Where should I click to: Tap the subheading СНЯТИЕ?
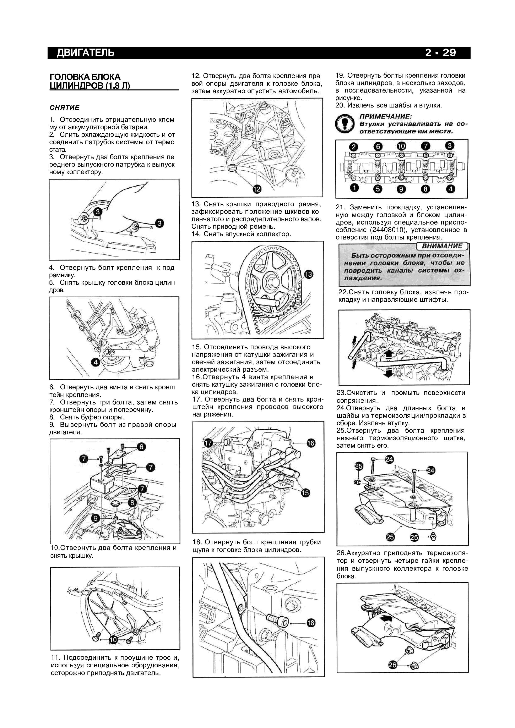(x=64, y=107)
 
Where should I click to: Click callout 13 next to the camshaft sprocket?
(x=308, y=275)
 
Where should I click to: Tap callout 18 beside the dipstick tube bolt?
(x=311, y=623)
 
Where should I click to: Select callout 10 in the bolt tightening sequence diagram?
(x=401, y=146)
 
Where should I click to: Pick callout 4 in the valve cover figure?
(x=96, y=362)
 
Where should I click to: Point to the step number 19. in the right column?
(x=340, y=76)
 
